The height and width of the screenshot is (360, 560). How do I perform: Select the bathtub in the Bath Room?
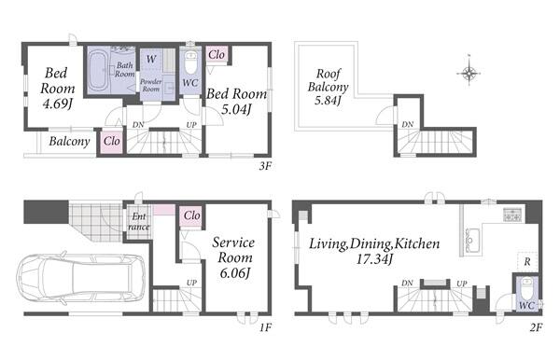(x=99, y=71)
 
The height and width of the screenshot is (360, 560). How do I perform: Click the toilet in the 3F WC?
(x=191, y=62)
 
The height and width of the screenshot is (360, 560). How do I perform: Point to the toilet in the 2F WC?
(x=526, y=290)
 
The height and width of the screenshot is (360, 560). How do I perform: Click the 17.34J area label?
(x=374, y=259)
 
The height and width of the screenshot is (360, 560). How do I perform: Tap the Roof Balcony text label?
(x=328, y=80)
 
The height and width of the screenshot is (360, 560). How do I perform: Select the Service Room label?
(x=233, y=250)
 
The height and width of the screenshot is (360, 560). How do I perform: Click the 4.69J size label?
(x=58, y=104)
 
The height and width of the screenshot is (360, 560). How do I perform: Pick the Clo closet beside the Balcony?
(x=112, y=141)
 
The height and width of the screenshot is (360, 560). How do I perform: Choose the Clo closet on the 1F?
(x=191, y=215)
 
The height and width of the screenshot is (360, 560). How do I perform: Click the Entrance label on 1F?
(x=138, y=222)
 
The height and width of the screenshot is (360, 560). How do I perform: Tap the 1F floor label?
(x=265, y=327)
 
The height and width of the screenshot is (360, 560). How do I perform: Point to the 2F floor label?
(x=536, y=327)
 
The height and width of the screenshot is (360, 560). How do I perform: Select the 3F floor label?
(x=265, y=166)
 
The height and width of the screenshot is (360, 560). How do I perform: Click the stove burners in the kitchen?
(x=512, y=215)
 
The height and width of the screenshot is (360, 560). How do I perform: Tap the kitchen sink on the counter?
(x=472, y=240)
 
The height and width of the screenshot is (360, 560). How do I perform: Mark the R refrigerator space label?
(x=527, y=262)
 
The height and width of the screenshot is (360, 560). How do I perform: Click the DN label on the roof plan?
(x=408, y=125)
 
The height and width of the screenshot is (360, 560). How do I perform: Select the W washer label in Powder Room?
(x=151, y=59)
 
